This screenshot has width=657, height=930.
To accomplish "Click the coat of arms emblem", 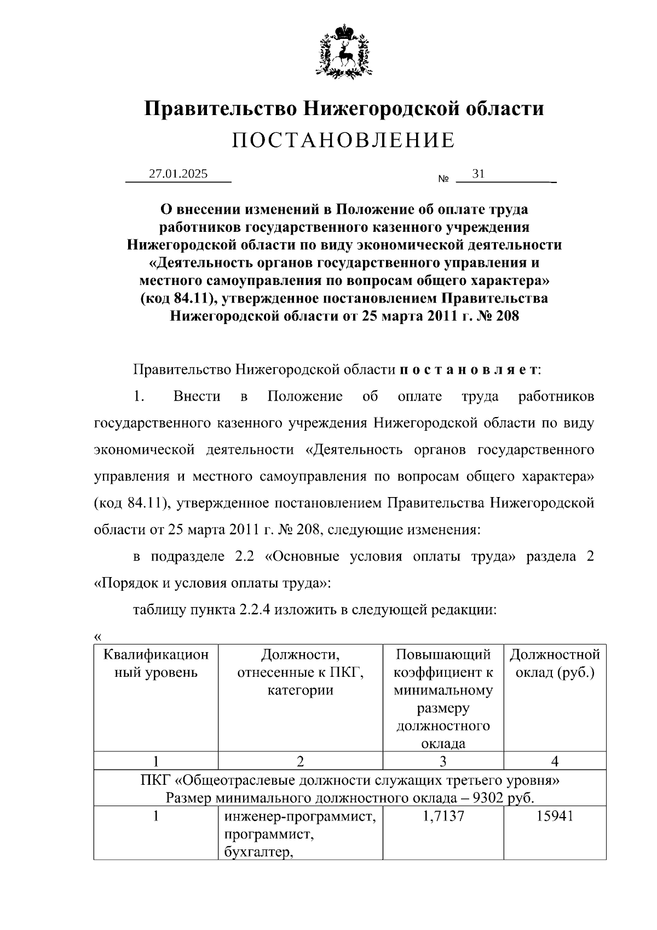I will pos(344,50).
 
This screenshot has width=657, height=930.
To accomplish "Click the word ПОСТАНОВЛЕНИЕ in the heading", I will pos(343,141).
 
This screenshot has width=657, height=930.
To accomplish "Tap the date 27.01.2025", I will pos(178,174).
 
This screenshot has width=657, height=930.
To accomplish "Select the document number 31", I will pos(478,174).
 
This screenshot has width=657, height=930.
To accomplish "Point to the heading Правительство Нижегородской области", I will pos(344,109).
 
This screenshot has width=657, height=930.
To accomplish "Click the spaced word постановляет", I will pos(469,370).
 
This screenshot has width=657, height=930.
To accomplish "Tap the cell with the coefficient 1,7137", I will pos(443,817).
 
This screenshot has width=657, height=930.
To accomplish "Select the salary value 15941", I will pos(555,817).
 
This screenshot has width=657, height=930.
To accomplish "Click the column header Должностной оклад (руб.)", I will pos(555,664).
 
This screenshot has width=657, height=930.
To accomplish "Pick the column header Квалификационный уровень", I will pos(156,664).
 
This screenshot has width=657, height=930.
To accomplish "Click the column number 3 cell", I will pos(443,761).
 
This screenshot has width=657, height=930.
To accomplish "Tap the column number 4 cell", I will pos(555,761).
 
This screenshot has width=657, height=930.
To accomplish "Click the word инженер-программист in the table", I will pos(300,817).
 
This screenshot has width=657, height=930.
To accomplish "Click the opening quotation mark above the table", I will pos(98,637).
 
